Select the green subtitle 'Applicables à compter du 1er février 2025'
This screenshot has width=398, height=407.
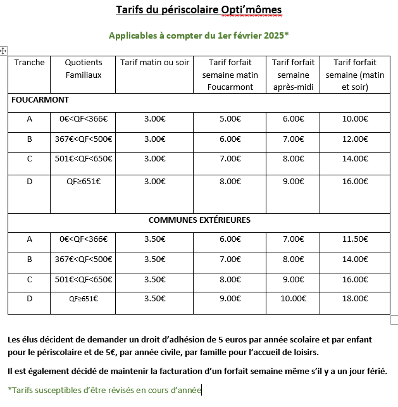(x=198, y=35)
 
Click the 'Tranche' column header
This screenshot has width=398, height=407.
(x=29, y=63)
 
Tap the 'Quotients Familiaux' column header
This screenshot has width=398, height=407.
(x=84, y=68)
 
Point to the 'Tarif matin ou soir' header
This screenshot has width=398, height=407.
(x=154, y=63)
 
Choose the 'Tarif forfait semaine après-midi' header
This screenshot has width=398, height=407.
(x=293, y=74)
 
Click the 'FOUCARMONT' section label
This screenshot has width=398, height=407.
(x=40, y=100)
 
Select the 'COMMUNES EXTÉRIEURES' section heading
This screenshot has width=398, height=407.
(x=199, y=220)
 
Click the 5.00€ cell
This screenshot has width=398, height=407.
(x=230, y=119)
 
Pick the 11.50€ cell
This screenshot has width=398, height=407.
(x=354, y=239)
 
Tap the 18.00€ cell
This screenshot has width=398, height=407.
(x=354, y=298)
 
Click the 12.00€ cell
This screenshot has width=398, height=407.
(x=354, y=139)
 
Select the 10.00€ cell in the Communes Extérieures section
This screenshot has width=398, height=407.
(x=293, y=298)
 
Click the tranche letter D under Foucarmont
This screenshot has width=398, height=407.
(x=29, y=181)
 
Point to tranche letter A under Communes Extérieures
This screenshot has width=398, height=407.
(x=29, y=239)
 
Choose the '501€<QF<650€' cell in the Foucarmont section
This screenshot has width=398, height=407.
(x=84, y=160)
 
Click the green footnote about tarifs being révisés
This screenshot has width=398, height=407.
(x=104, y=390)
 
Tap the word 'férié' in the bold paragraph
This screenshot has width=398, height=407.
(x=375, y=371)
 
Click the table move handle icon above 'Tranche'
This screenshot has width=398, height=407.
(x=4, y=50)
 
